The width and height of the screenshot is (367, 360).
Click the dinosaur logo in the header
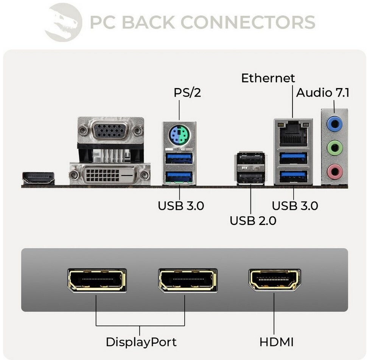point(63,22)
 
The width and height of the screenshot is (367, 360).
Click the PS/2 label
point(187,92)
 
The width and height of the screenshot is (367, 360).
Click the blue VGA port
point(111,130)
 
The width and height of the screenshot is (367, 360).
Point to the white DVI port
point(110,174)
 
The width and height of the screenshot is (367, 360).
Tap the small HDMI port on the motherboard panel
point(38,178)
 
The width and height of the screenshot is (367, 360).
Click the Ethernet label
point(268,78)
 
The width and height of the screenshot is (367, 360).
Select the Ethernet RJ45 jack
point(293,133)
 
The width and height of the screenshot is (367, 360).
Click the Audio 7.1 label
point(323,93)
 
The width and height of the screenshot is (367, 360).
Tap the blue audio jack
point(334,123)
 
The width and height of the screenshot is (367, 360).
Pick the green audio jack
point(334,147)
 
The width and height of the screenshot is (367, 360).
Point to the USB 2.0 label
point(253,220)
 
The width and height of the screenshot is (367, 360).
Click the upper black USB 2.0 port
point(250,159)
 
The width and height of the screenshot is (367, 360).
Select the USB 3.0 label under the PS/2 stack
point(181,206)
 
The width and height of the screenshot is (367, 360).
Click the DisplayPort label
point(141,342)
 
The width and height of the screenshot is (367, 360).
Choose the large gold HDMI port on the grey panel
point(274,281)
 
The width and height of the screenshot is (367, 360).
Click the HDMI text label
point(277,342)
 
